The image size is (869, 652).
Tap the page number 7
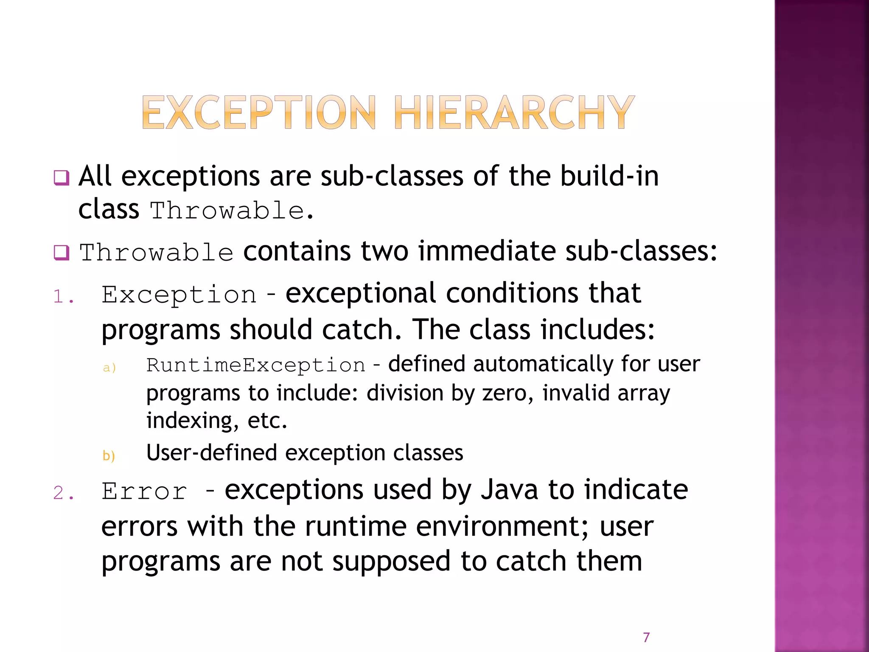(x=646, y=637)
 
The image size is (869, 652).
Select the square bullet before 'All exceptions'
(x=61, y=177)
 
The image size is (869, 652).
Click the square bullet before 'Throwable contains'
(x=61, y=253)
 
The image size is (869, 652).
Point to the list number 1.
(x=64, y=296)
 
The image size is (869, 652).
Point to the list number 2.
(x=64, y=493)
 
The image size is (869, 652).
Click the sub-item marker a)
(x=109, y=368)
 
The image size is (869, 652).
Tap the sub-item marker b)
(x=109, y=455)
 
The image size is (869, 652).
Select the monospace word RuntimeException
(x=255, y=365)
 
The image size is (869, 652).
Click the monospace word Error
(x=144, y=491)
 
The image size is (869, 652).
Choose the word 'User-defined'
(x=211, y=452)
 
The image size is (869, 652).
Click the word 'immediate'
(x=487, y=251)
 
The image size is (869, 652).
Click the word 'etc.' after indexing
(x=267, y=421)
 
